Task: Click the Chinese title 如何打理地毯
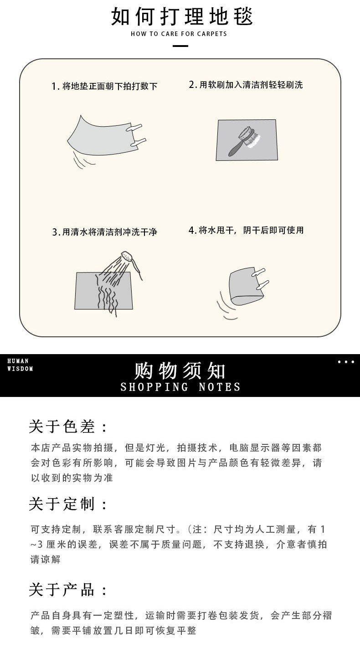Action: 181,16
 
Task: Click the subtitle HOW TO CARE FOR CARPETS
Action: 179,34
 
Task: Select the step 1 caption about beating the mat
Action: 104,86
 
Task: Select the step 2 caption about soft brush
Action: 246,85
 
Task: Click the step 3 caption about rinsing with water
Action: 104,232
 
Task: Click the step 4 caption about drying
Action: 246,230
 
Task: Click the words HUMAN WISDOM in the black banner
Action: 20,365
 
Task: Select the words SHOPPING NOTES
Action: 180,387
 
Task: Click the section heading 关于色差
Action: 68,427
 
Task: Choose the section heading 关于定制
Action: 68,505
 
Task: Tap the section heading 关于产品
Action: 68,590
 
